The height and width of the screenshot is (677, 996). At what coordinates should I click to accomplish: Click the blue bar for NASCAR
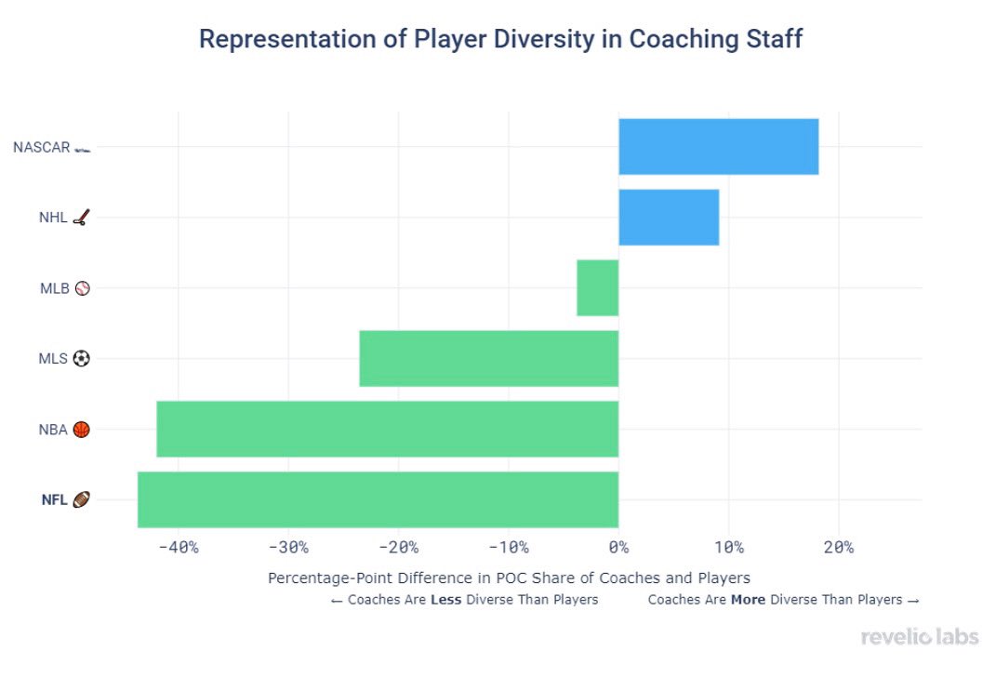point(718,147)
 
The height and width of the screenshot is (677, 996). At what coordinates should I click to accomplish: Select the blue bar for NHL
point(669,218)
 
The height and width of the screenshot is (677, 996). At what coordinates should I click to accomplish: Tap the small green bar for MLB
point(597,288)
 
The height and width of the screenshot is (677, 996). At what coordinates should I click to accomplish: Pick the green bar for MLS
point(488,359)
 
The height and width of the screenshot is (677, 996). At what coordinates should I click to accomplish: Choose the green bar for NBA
point(387,430)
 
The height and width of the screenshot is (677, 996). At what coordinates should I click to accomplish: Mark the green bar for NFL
point(378,500)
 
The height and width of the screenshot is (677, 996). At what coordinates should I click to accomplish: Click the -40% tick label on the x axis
point(179,547)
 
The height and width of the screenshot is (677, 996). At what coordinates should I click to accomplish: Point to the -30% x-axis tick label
point(288,547)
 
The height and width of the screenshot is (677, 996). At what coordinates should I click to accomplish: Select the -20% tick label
point(399,547)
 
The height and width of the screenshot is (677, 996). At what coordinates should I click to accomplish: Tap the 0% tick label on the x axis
point(618,547)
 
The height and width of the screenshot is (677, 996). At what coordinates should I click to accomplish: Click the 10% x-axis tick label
point(728,547)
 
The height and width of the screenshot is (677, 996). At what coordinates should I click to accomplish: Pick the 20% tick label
point(838,547)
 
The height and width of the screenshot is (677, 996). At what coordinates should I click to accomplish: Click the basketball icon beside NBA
point(81,430)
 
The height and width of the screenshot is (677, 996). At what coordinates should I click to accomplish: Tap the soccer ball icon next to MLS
point(81,359)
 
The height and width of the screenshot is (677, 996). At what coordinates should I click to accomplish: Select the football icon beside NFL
point(81,500)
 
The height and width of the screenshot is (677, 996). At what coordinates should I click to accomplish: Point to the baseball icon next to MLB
point(81,288)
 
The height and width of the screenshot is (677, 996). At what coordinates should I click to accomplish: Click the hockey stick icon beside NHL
point(81,219)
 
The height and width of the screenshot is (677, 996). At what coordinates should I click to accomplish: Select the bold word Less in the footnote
point(445,600)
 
